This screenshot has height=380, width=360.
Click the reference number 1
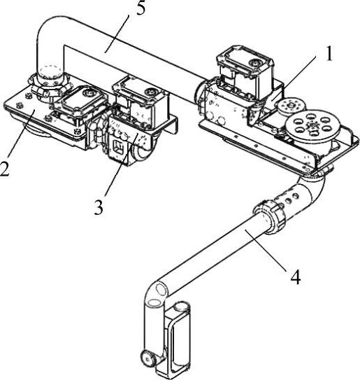click(x=329, y=54)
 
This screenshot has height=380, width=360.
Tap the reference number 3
click(x=99, y=206)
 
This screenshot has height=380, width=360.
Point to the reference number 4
click(x=296, y=276)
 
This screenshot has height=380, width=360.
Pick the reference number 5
click(x=141, y=8)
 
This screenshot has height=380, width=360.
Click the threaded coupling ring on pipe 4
click(x=270, y=216)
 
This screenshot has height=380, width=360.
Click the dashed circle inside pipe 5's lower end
click(x=50, y=72)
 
